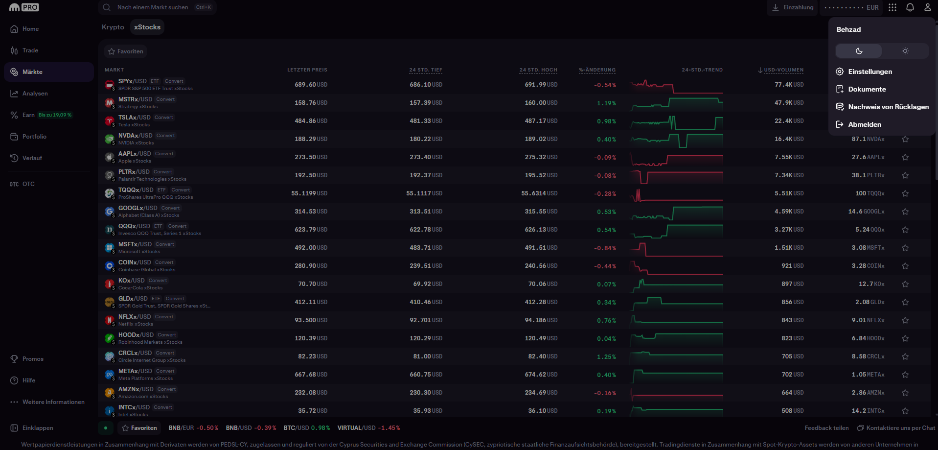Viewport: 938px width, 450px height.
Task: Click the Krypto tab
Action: [113, 27]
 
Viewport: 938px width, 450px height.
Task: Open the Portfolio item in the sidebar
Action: [34, 137]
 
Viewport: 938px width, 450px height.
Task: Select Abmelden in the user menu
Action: [865, 124]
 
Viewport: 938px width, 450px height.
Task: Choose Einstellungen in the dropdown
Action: [870, 71]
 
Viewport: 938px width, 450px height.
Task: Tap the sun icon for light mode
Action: [905, 51]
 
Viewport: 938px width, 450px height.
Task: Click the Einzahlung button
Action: [793, 7]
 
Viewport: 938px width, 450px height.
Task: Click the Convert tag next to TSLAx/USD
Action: [164, 118]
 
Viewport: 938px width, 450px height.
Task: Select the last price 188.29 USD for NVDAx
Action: [311, 139]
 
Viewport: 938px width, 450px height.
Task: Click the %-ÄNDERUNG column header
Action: [597, 70]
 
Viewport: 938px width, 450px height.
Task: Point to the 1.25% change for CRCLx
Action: [606, 356]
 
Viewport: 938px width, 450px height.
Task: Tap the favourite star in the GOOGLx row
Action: [905, 212]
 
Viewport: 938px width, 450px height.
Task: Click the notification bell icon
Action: [910, 7]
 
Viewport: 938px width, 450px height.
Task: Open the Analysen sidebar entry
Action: [35, 94]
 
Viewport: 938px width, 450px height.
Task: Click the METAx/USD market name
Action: [135, 371]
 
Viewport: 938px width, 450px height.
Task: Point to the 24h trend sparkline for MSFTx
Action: [677, 248]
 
